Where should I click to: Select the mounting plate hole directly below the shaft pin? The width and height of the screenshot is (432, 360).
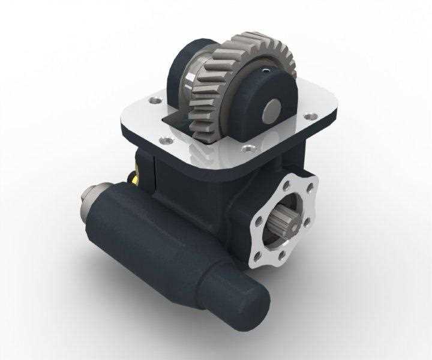pos(247,146)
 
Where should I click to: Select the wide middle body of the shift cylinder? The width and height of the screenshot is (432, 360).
pos(156,240)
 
